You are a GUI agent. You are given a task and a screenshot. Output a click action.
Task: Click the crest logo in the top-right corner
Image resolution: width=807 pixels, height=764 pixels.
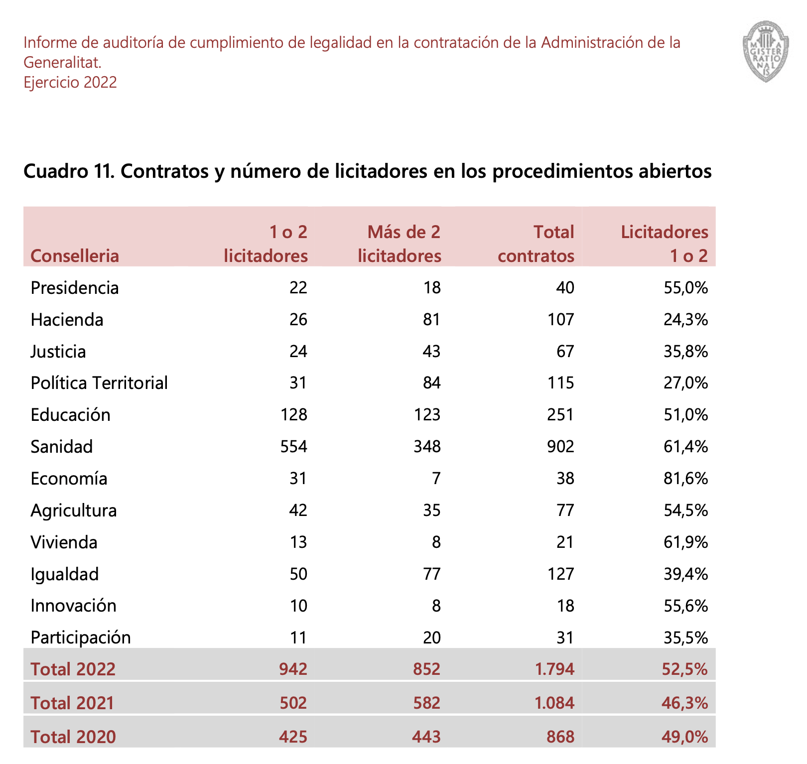coord(766,51)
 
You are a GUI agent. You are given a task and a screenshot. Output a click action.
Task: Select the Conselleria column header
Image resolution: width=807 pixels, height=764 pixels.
coord(75,256)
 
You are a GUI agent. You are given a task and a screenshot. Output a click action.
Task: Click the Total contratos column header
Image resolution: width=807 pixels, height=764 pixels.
coord(536,244)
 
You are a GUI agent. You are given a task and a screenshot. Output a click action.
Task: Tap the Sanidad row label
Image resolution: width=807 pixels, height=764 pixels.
coord(62,447)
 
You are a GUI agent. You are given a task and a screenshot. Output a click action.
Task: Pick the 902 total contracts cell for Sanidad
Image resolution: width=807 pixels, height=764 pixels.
coord(561,447)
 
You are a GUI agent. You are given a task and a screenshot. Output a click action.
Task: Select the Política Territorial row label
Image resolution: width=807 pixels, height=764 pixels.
coord(99,383)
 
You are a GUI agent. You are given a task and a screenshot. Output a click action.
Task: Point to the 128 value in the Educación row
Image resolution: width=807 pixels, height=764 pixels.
coord(294,415)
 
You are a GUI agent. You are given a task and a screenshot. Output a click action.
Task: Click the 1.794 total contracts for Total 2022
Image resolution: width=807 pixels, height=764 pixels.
coord(554,669)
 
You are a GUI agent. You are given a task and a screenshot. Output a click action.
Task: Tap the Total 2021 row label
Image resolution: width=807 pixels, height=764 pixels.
coord(73,703)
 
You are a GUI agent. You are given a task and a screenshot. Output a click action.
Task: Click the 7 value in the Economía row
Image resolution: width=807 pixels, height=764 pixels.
coord(436,479)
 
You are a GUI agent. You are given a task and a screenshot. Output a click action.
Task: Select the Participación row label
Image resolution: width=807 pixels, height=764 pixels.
coord(81,637)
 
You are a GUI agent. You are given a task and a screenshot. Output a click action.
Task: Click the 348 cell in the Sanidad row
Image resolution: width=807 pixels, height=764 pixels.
coord(427,447)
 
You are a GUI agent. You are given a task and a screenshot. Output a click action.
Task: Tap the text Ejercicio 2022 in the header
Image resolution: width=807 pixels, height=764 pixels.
coord(70,82)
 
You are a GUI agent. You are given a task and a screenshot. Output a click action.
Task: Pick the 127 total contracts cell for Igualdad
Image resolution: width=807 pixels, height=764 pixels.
coord(561,574)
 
